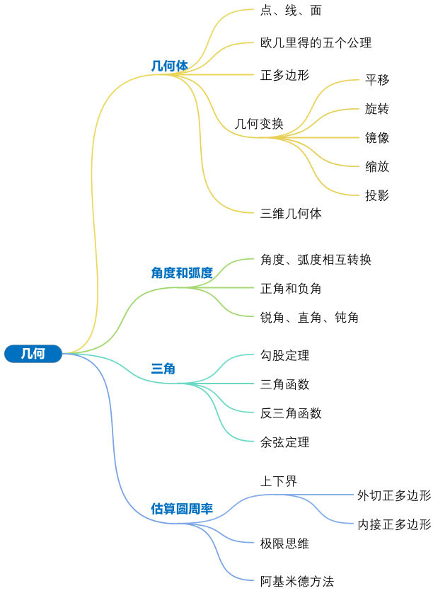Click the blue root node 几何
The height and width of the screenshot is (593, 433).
[33, 353]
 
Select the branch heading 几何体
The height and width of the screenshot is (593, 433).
[170, 66]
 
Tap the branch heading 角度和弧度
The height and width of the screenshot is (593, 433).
[182, 273]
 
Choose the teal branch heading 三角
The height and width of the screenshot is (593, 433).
[163, 369]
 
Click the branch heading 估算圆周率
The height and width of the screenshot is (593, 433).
[182, 509]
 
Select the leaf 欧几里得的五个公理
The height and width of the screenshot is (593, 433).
[316, 43]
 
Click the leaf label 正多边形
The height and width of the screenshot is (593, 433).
[284, 75]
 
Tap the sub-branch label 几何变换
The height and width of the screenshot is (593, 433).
[259, 124]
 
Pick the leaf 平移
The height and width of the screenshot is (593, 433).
[377, 80]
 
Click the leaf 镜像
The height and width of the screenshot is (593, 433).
[377, 138]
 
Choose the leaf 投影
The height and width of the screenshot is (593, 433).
[377, 196]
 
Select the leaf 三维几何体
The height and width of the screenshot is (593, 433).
[291, 213]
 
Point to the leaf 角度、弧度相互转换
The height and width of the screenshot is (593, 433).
[316, 260]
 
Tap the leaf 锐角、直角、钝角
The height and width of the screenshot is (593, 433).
[309, 318]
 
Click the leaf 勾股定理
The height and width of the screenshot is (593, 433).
[284, 355]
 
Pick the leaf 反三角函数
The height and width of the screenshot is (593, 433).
[291, 413]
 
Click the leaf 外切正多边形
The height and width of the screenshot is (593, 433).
[394, 495]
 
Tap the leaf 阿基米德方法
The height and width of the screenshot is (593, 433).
[296, 582]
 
